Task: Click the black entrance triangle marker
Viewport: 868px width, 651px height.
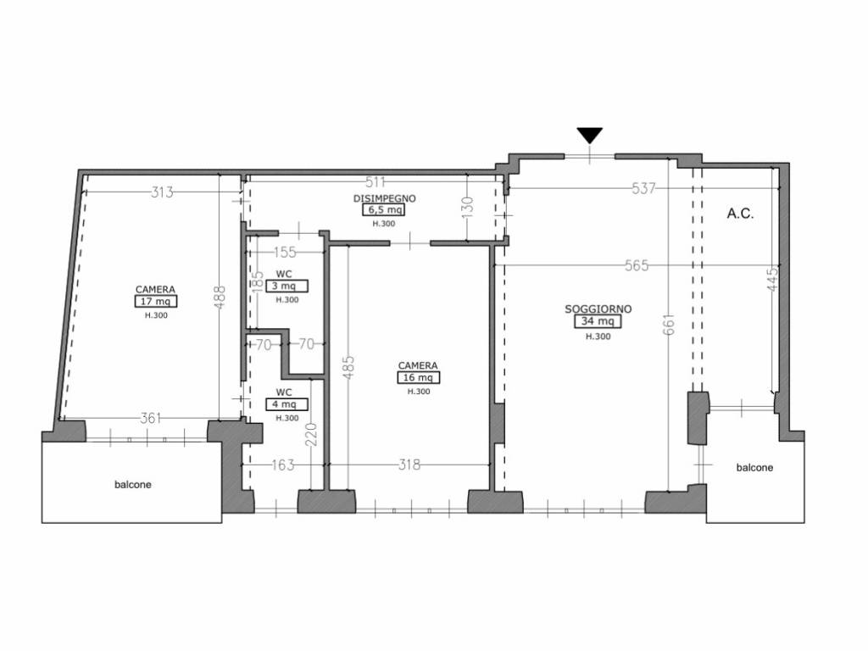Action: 590,135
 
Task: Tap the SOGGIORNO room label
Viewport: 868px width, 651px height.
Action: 598,309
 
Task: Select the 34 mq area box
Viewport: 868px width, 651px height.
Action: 598,321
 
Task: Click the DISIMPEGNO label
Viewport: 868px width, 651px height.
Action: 385,198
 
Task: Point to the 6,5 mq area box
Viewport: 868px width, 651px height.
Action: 384,210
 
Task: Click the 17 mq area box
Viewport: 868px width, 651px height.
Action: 156,301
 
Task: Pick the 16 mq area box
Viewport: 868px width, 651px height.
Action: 418,377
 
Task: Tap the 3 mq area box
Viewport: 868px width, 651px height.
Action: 287,287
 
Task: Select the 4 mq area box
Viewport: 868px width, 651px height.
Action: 287,404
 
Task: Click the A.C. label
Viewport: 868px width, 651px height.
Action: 740,214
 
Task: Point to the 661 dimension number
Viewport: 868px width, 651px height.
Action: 669,325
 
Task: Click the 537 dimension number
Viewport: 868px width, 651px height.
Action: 644,188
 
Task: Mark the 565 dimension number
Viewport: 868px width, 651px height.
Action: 637,265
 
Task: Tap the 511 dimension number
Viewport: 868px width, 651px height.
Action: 376,181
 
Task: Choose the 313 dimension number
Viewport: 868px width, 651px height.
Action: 162,192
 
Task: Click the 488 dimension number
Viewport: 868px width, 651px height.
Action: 220,297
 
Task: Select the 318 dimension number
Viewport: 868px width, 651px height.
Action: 409,465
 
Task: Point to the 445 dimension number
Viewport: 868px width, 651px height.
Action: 773,278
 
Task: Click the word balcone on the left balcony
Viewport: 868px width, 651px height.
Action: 133,484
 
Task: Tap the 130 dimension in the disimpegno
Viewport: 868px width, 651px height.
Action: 467,205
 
